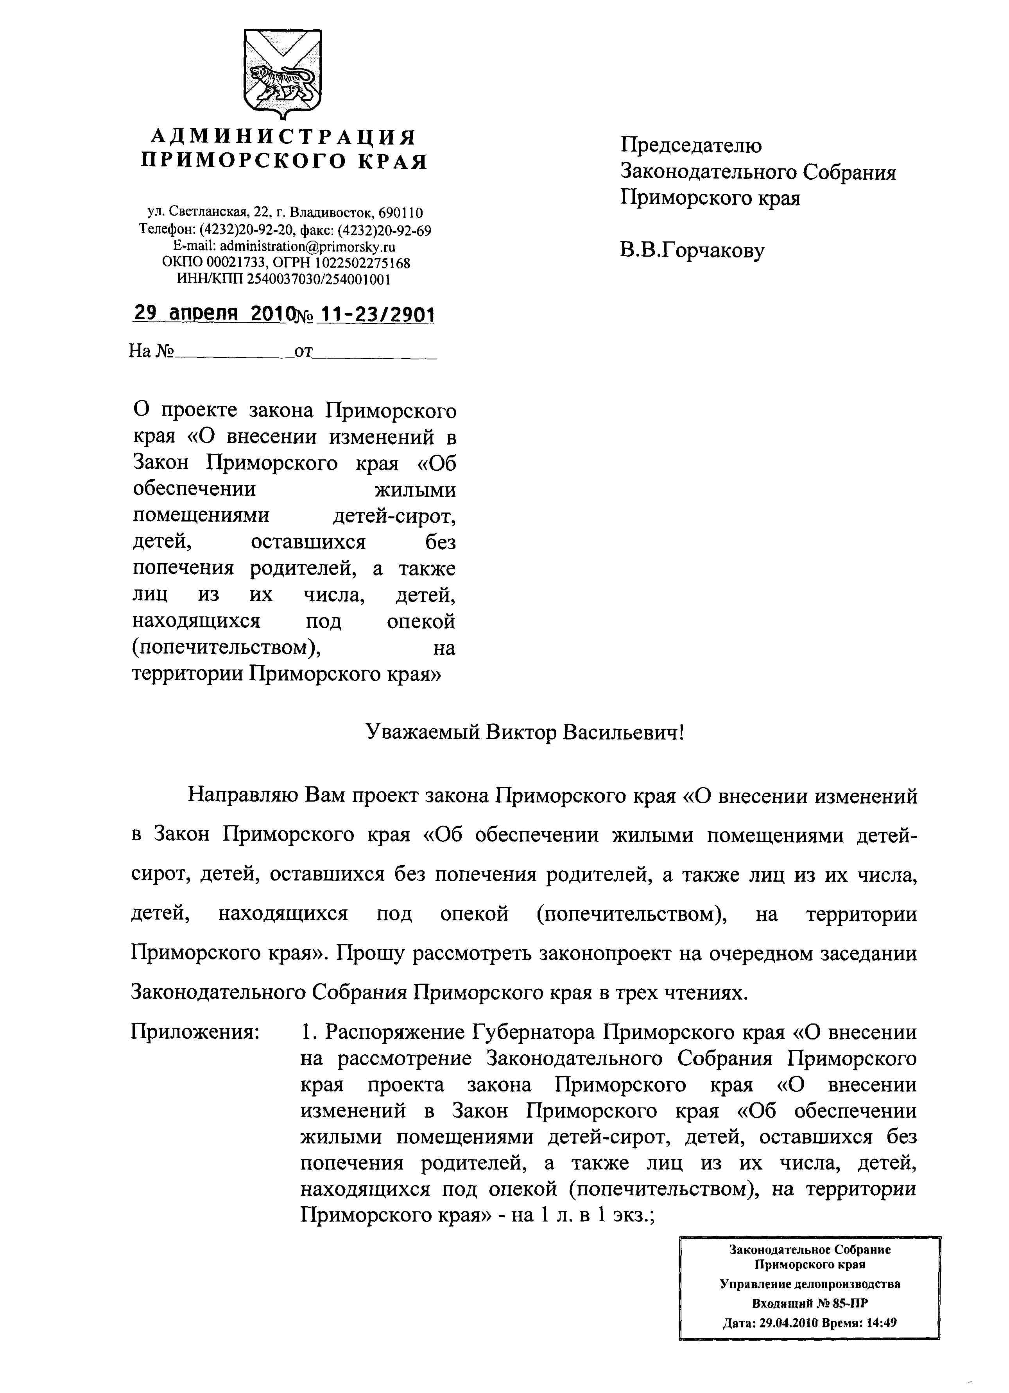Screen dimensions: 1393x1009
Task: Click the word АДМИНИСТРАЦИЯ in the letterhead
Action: coord(283,136)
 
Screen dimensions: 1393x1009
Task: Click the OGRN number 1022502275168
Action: coord(362,263)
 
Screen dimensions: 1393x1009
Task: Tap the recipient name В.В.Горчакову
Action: coord(692,251)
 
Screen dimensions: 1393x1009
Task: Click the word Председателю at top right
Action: coord(691,146)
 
